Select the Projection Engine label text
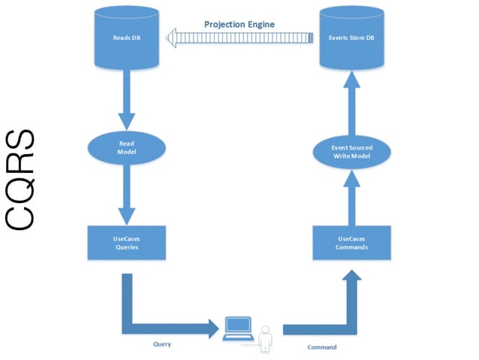point(239,24)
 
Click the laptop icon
point(239,328)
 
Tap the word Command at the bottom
point(322,347)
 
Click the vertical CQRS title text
point(21,180)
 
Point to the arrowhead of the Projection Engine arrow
point(176,38)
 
